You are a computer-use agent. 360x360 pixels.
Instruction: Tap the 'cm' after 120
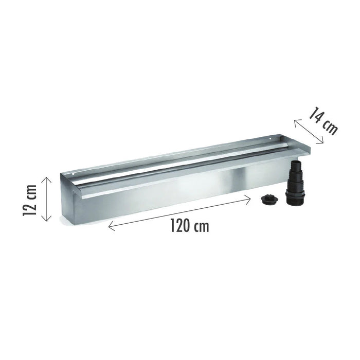pos(201,227)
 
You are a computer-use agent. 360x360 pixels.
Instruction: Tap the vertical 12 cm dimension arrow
pos(46,199)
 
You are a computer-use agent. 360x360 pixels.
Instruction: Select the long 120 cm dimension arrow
pos(179,212)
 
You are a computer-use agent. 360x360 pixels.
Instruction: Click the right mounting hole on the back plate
pos(273,138)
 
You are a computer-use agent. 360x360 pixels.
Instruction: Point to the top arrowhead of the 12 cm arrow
pos(46,178)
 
